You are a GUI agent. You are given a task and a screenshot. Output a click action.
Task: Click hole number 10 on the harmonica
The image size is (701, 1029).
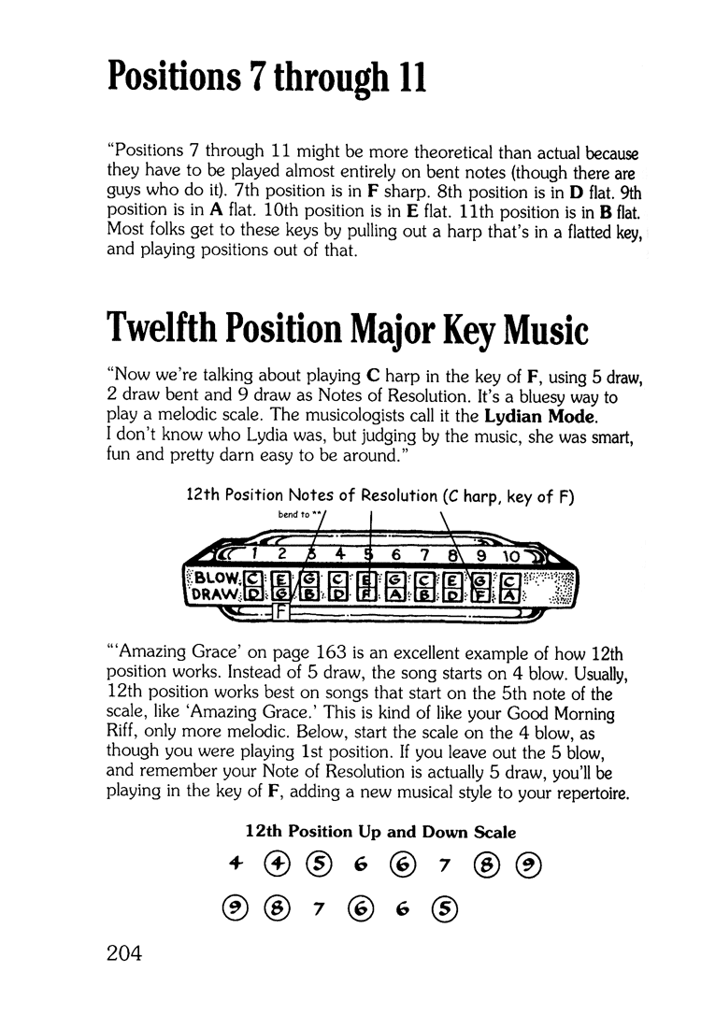511,555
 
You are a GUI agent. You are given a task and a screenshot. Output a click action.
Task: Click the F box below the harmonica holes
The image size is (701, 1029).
279,614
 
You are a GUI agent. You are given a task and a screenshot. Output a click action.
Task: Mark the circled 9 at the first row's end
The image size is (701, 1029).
526,864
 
